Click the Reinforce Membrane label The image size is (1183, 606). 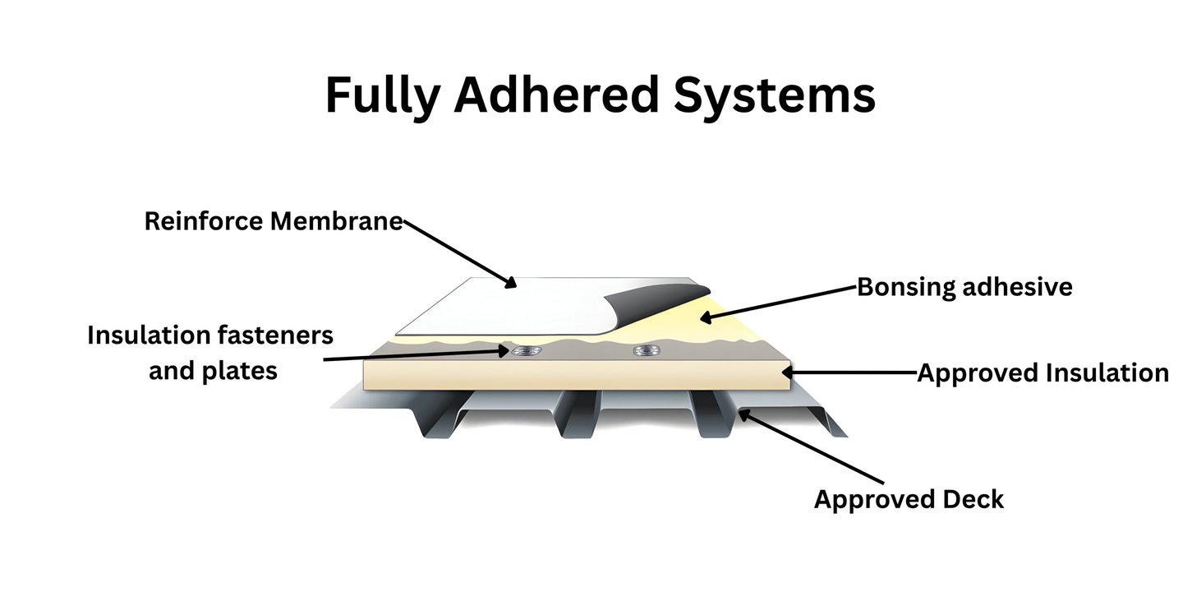coord(274,221)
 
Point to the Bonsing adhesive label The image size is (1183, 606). coord(964,287)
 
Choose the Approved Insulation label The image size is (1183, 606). coord(1043,372)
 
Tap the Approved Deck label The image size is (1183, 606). coord(909,499)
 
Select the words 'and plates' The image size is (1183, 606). coord(213,371)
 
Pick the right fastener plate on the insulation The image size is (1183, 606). coord(642,352)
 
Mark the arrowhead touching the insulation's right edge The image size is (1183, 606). coord(789,372)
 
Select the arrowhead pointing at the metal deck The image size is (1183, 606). coord(743,414)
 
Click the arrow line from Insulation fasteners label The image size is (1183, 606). coord(411,356)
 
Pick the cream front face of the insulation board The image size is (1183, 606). coord(575,376)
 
